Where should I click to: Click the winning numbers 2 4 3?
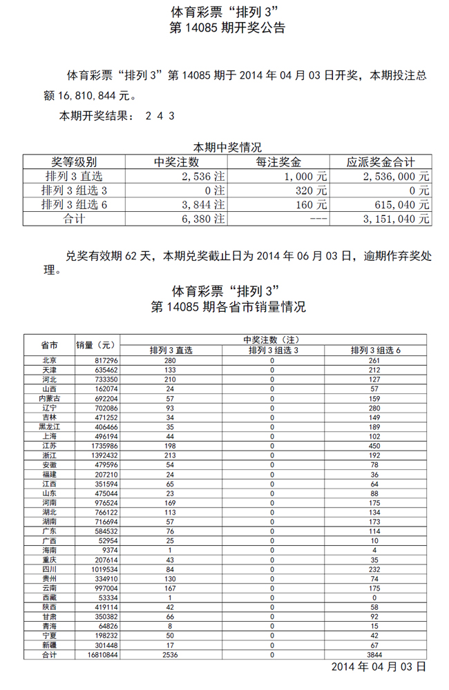[x=160, y=116]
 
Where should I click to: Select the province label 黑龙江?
[x=49, y=428]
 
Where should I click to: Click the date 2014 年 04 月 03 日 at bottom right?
[x=379, y=667]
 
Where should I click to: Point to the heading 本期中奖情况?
[x=227, y=147]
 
